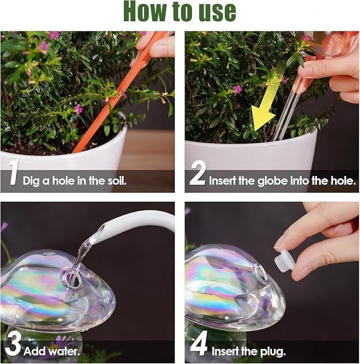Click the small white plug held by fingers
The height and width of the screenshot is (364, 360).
284,261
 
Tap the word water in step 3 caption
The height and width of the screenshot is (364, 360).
64,351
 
